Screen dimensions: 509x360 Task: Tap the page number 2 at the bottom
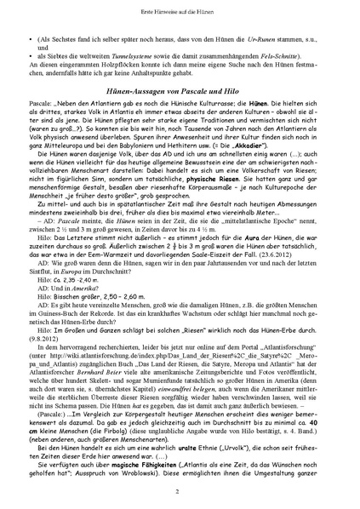(180, 492)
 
